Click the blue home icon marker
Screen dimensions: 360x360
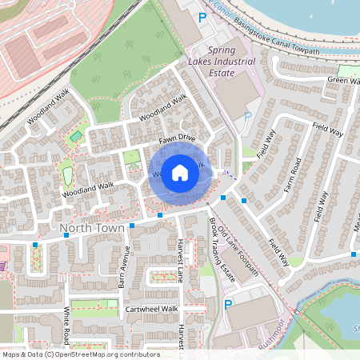coord(180,172)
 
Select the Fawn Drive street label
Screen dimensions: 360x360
coord(177,138)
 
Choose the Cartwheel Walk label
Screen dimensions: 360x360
coord(151,308)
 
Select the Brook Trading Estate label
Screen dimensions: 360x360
coord(222,250)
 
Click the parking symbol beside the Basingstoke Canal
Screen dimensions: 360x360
coord(202,16)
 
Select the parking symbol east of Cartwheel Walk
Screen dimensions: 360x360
coord(229,305)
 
